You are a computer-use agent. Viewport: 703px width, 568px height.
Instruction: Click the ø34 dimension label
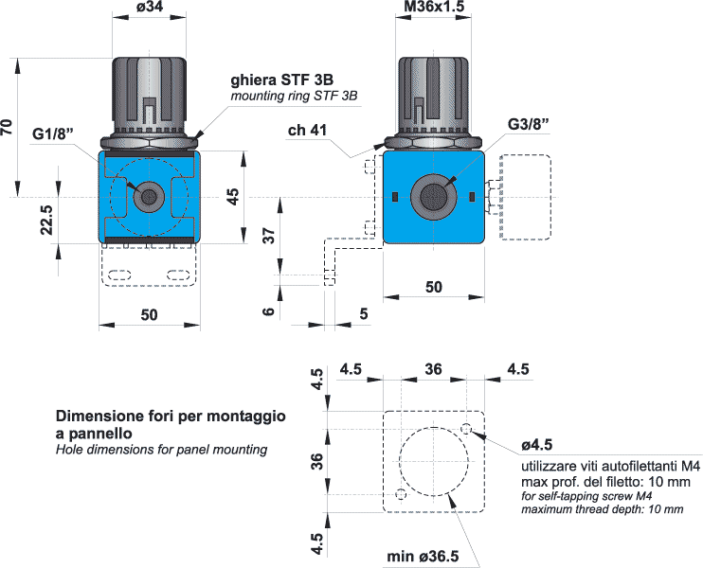pos(150,7)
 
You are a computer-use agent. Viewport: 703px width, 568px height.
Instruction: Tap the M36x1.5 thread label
pos(434,7)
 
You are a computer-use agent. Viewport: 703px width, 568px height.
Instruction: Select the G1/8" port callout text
pos(52,133)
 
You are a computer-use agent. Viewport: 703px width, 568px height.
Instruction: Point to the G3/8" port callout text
pos(528,124)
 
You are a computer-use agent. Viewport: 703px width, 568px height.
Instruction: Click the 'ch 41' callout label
pos(307,130)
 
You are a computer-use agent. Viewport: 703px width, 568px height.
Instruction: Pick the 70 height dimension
pos(7,127)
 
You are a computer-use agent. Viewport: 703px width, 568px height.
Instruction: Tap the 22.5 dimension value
pos(46,220)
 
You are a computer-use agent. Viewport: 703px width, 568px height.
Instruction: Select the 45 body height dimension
pos(232,197)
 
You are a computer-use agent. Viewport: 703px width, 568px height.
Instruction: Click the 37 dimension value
pos(268,235)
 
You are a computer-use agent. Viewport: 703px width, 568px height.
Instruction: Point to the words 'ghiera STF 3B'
pos(282,80)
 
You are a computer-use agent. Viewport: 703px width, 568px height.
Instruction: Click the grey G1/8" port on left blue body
pos(149,197)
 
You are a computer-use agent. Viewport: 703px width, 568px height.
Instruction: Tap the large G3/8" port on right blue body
pos(434,197)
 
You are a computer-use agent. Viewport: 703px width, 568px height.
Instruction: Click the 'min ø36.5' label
pos(423,557)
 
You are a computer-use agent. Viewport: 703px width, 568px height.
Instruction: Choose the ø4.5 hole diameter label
pos(536,445)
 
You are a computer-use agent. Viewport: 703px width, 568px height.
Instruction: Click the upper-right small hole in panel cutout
pos(466,429)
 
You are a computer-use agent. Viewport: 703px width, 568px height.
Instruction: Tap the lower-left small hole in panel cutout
pos(402,494)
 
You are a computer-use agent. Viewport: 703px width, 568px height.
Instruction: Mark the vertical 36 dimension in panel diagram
pos(317,461)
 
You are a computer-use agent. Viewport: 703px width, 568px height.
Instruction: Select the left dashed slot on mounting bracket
pos(119,275)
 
